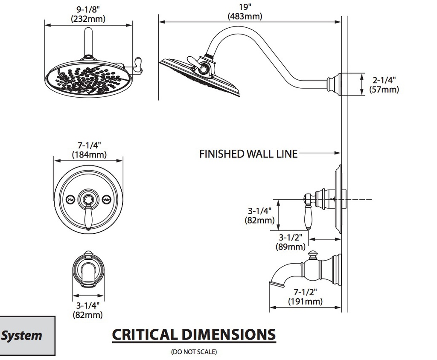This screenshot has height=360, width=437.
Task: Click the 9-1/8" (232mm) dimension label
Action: (x=88, y=14)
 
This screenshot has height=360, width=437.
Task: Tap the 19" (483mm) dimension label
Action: (x=245, y=12)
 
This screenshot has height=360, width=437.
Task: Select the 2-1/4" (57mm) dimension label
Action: (x=384, y=85)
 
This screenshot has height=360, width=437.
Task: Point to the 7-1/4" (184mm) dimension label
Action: (x=89, y=150)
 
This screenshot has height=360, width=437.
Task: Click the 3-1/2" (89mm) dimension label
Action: (x=290, y=242)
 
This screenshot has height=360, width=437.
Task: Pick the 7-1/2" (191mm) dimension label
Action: (x=305, y=296)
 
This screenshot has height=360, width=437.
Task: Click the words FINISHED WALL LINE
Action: (x=248, y=154)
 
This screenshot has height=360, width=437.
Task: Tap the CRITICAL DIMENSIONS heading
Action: (x=194, y=335)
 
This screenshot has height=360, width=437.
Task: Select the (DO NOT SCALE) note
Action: (x=194, y=351)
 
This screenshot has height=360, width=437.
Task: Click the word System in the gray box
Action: (x=21, y=335)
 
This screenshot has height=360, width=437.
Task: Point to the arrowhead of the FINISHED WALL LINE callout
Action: (x=338, y=153)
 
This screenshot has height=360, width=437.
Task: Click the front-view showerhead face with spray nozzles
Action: (x=88, y=79)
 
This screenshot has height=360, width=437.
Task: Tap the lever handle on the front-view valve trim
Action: (x=89, y=216)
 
